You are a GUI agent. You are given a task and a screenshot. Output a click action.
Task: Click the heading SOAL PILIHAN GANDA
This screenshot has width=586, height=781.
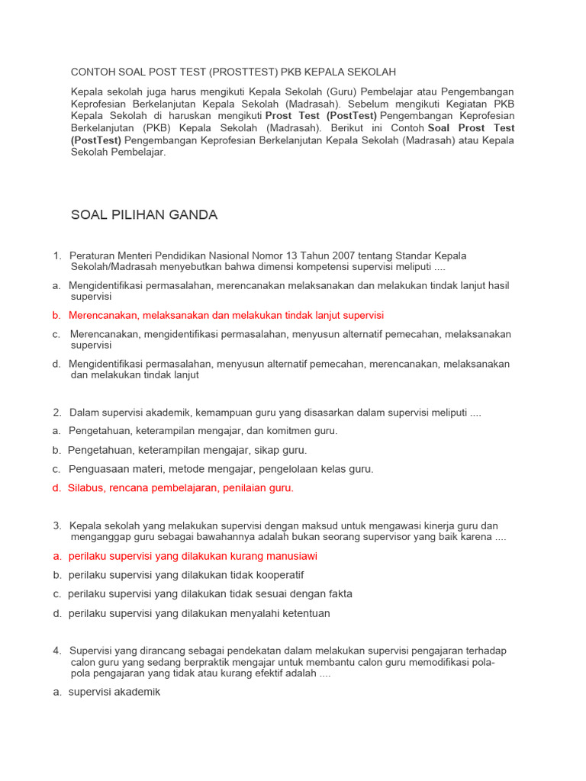[144, 215]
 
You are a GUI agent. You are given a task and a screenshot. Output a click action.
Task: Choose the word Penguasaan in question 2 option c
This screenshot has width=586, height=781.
[98, 469]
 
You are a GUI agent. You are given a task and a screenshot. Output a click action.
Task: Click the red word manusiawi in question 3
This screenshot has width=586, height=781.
[292, 556]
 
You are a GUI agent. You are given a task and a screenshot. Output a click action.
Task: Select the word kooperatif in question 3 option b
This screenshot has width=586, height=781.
[279, 575]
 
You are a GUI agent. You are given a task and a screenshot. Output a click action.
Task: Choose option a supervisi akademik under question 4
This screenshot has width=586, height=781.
[114, 693]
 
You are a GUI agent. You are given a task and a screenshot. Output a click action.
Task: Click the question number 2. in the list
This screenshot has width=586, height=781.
[58, 413]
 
